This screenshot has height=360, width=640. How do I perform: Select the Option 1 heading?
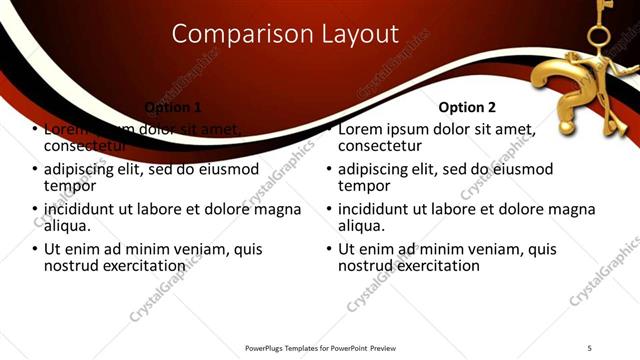(x=173, y=107)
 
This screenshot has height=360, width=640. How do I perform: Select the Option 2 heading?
(x=467, y=107)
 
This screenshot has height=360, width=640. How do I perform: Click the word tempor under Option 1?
(x=70, y=185)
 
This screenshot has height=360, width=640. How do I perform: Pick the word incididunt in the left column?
(x=83, y=209)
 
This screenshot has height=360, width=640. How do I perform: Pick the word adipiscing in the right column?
(x=378, y=169)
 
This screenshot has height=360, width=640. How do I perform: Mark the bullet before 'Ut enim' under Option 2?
(x=330, y=249)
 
